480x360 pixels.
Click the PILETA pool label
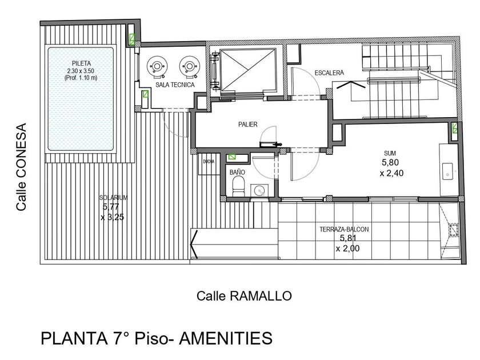pyautogui.click(x=81, y=63)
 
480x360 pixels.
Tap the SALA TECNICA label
pyautogui.click(x=175, y=85)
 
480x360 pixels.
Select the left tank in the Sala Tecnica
pyautogui.click(x=157, y=66)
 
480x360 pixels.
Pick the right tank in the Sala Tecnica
pyautogui.click(x=190, y=66)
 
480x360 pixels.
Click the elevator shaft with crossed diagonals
pyautogui.click(x=248, y=70)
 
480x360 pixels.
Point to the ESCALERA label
pyautogui.click(x=329, y=73)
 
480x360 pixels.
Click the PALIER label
pyautogui.click(x=248, y=125)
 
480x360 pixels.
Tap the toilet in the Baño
pyautogui.click(x=238, y=187)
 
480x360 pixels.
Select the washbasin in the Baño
pyautogui.click(x=259, y=190)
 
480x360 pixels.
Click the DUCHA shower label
pyautogui.click(x=209, y=161)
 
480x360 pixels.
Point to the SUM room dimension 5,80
pyautogui.click(x=390, y=162)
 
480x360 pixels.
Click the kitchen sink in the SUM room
pyautogui.click(x=447, y=171)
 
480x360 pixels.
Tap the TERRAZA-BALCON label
pyautogui.click(x=344, y=229)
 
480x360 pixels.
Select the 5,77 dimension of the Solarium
pyautogui.click(x=111, y=207)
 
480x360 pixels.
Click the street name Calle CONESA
pyautogui.click(x=22, y=167)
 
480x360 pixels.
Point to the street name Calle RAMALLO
pyautogui.click(x=244, y=296)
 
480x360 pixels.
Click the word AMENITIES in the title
pyautogui.click(x=225, y=338)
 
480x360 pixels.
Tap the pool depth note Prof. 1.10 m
pyautogui.click(x=81, y=78)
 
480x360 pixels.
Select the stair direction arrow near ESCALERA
pyautogui.click(x=351, y=85)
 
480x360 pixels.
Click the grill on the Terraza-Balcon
pyautogui.click(x=453, y=230)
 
